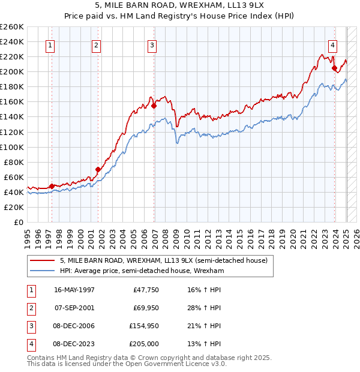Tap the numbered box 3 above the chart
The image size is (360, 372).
(152, 44)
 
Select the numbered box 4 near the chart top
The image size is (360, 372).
(332, 44)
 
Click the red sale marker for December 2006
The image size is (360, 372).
(154, 106)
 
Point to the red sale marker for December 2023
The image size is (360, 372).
(334, 68)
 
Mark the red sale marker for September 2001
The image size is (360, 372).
(98, 169)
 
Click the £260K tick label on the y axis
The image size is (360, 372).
(12, 27)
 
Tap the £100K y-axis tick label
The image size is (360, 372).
(12, 147)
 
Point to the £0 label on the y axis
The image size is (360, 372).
(18, 222)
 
